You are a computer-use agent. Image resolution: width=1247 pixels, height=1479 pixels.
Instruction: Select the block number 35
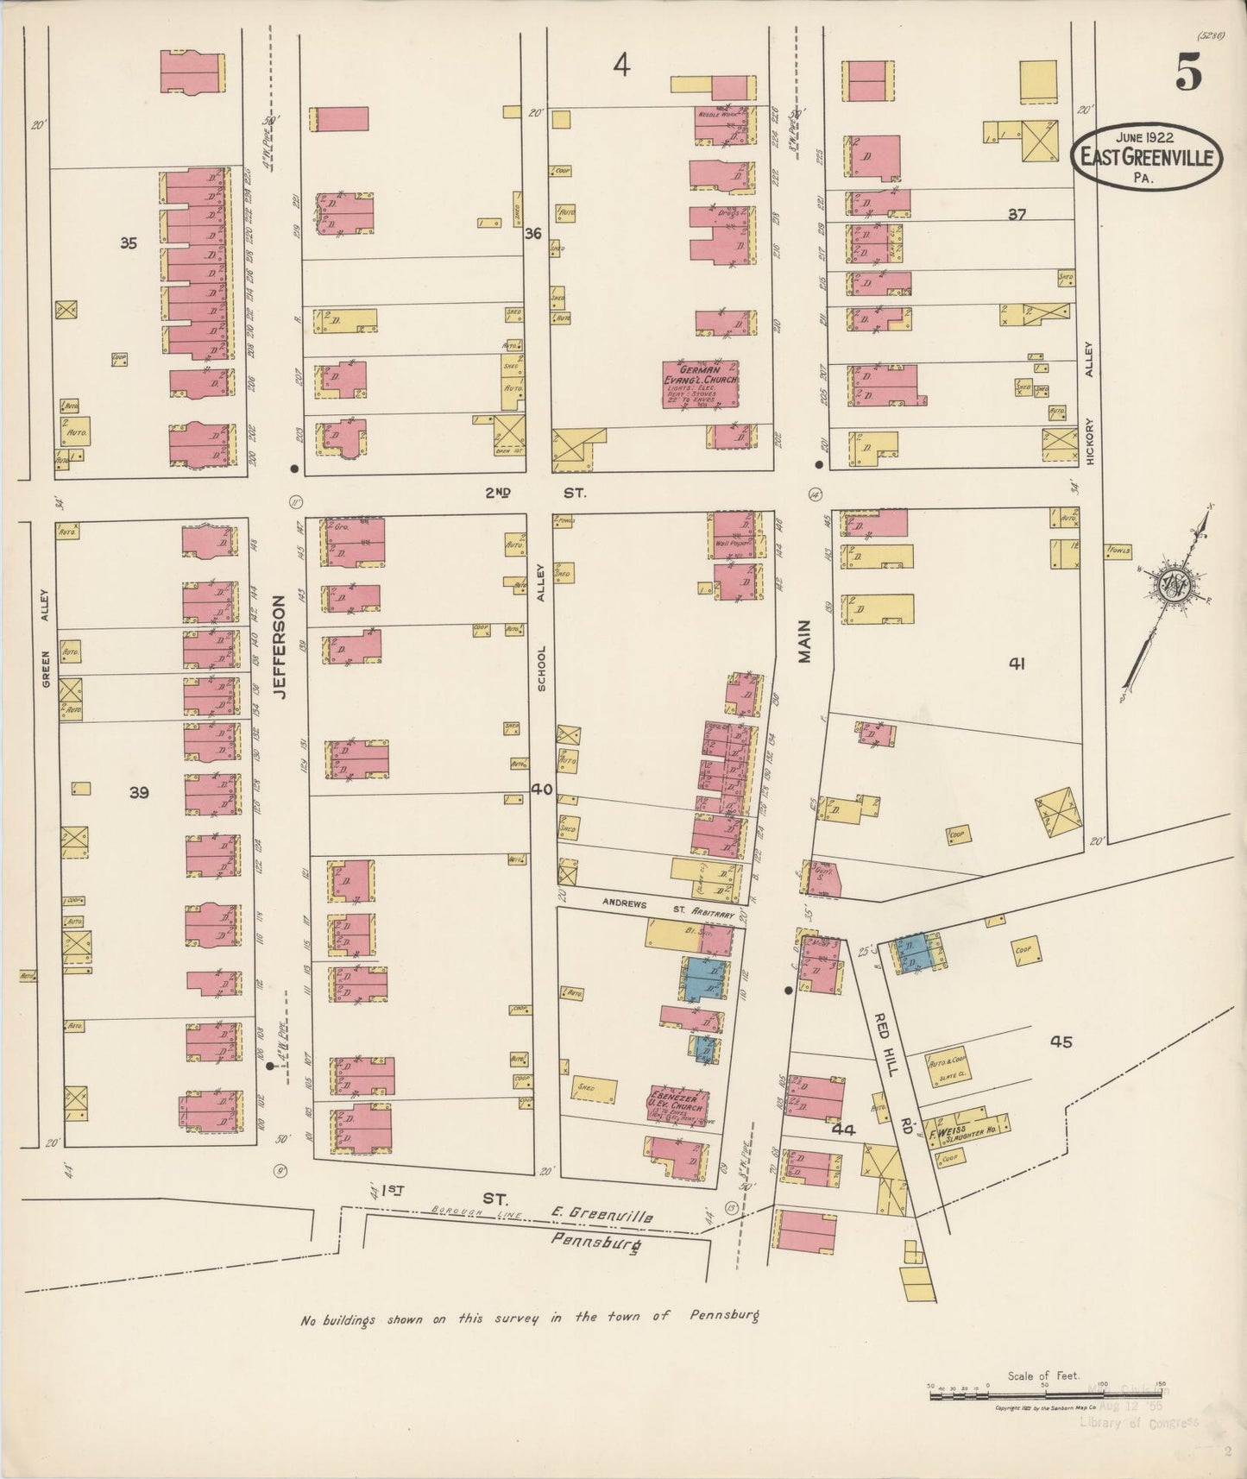tap(129, 244)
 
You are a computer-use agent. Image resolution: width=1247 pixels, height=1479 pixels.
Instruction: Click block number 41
tap(1017, 664)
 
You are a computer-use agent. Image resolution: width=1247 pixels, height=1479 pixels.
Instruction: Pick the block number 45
tap(1061, 1042)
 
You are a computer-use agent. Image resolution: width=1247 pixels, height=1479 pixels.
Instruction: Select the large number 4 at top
tap(622, 64)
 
